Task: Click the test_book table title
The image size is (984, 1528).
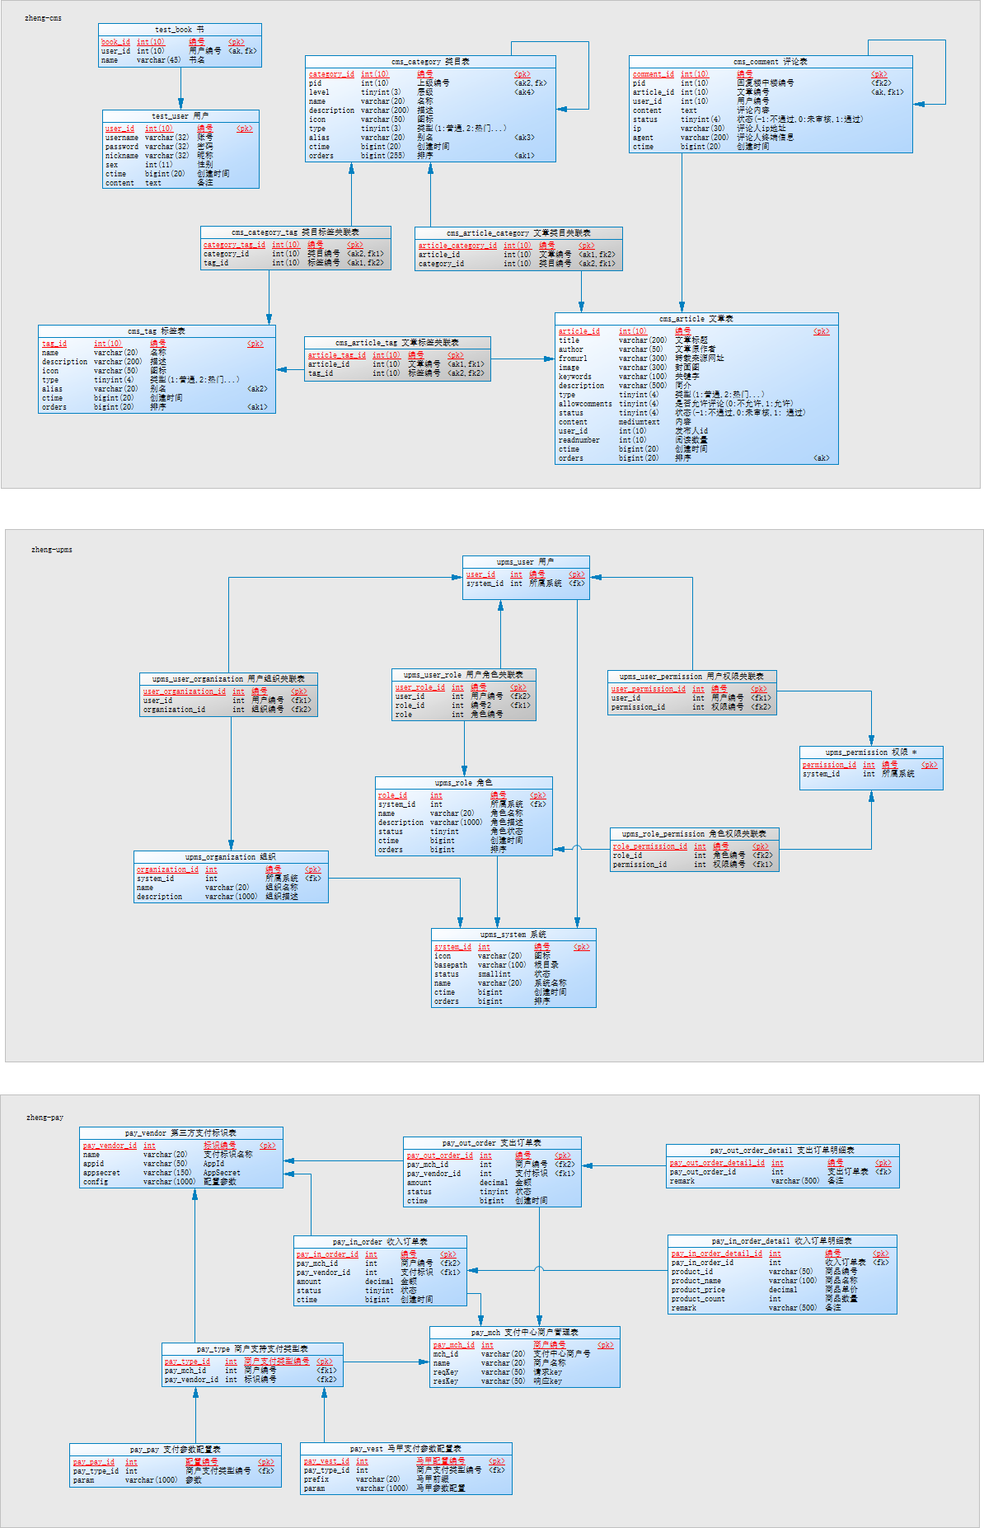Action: pos(180,30)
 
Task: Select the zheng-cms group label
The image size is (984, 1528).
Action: pos(43,18)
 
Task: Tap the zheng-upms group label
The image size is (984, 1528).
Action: pos(51,550)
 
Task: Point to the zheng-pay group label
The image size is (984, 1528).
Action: pos(45,1118)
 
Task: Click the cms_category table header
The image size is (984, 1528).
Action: pos(430,62)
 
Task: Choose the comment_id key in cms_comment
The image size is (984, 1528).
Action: pos(653,74)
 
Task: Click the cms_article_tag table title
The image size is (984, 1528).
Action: pos(397,343)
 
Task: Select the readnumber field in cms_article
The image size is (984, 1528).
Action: pos(579,440)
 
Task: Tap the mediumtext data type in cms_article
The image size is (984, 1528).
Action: pos(639,422)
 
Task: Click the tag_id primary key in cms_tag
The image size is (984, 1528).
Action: pos(54,344)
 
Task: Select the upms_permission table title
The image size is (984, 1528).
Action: pos(870,752)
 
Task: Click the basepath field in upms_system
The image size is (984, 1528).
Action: pos(451,965)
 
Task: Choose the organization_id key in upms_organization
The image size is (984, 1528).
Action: pos(167,869)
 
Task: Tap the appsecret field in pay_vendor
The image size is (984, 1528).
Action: pos(101,1173)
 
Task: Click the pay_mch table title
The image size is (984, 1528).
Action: pos(524,1333)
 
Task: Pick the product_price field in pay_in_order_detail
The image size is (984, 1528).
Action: pos(698,1290)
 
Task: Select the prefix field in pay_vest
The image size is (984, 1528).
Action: pos(316,1479)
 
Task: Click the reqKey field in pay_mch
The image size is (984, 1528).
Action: pos(446,1372)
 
